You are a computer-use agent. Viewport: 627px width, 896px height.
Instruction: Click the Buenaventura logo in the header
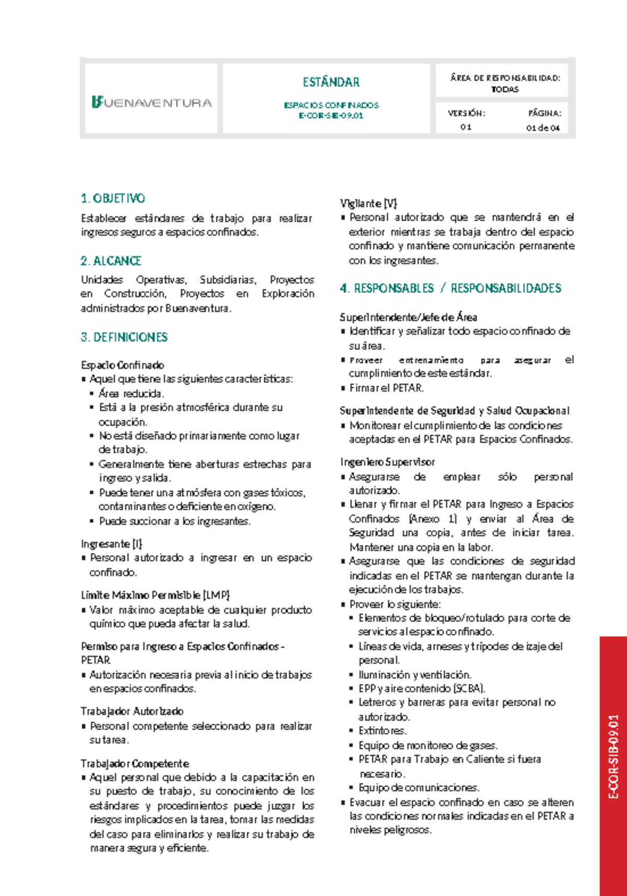152,102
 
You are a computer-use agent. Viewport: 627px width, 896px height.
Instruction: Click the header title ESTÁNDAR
331,82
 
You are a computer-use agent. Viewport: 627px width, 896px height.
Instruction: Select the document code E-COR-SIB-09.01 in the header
331,116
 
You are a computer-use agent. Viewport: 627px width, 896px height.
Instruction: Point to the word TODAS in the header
505,89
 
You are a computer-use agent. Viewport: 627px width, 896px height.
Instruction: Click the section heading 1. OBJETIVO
113,199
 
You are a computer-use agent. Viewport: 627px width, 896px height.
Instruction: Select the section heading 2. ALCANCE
111,261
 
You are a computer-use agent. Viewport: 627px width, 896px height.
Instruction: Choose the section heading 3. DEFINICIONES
124,337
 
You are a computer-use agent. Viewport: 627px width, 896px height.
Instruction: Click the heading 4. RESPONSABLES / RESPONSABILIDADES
450,289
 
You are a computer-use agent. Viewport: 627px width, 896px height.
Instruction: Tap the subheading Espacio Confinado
123,365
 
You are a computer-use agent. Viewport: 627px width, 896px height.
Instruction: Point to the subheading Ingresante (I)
112,544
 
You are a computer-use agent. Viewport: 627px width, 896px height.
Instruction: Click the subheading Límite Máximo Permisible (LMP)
156,595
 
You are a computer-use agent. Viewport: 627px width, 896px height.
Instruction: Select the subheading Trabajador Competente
135,763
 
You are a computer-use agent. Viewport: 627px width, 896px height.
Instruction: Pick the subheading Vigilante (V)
369,203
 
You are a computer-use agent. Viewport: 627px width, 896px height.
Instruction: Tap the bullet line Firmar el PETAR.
387,388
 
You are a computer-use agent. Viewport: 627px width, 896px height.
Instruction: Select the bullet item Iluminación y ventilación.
415,674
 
